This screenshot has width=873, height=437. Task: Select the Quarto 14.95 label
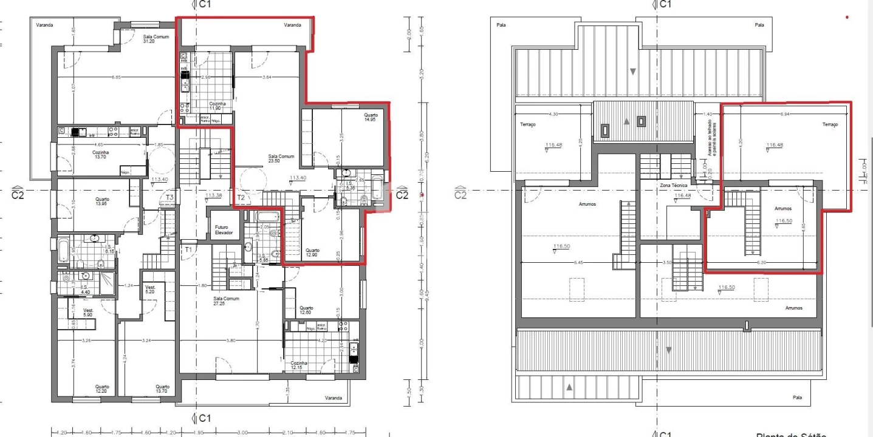pos(371,117)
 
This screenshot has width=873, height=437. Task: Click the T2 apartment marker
pos(241,197)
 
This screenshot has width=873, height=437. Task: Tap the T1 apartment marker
pos(188,249)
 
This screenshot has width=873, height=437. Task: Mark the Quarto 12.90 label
pos(313,252)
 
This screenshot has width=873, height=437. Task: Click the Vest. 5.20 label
pos(150,290)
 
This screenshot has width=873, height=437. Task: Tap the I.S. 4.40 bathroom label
pos(84,290)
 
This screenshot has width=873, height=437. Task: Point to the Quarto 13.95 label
pos(102,202)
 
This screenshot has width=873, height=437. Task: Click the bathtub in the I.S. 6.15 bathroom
pos(63,250)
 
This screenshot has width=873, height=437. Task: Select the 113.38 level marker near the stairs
pos(213,195)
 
